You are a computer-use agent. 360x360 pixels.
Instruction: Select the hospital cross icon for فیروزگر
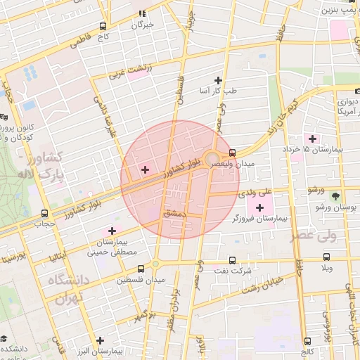[x=261, y=207]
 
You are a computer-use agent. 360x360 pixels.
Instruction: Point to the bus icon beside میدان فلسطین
[x=141, y=268]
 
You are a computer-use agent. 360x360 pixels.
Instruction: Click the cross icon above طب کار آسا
[x=218, y=80]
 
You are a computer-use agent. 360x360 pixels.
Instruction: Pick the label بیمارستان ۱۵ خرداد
[x=335, y=150]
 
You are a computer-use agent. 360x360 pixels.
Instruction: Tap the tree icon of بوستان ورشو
[x=335, y=195]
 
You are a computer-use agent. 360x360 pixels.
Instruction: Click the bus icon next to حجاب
[x=45, y=212]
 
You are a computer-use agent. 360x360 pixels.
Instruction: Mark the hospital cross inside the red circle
[x=146, y=169]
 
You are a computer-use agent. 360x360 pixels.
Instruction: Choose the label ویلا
[x=328, y=269]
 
